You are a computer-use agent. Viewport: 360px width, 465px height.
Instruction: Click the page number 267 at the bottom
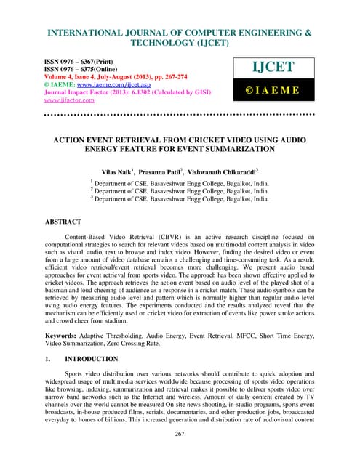(180, 455)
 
